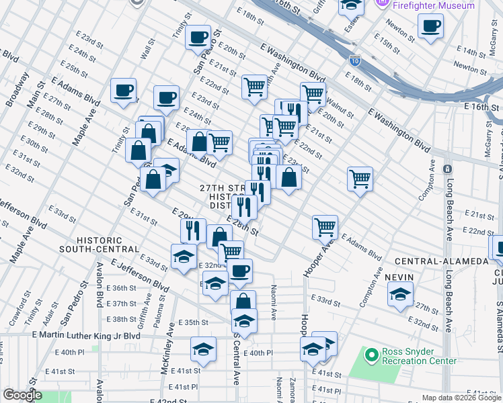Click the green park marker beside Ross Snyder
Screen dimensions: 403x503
tap(370, 355)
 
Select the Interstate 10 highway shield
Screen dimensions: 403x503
tap(354, 62)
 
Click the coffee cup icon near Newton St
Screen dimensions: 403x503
tap(430, 27)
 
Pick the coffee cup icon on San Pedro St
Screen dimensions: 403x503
tap(198, 38)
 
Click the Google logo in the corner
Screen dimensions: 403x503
tap(22, 395)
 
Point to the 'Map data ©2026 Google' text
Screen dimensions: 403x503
tap(460, 398)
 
